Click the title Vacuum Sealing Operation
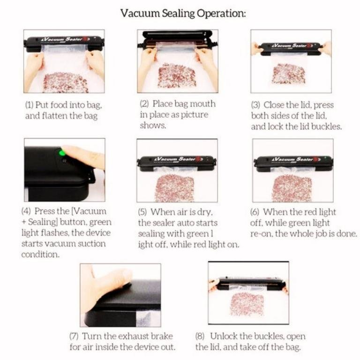click(183, 13)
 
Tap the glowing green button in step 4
click(61, 153)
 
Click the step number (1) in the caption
click(30, 105)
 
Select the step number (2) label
click(144, 104)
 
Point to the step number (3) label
click(255, 105)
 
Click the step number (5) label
click(142, 212)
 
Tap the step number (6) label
click(255, 212)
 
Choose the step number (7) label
click(74, 336)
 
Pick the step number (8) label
click(200, 336)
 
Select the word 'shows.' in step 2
click(153, 125)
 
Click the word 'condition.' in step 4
click(40, 255)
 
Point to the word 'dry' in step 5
click(204, 212)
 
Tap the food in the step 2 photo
click(177, 75)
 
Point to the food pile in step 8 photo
click(247, 304)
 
